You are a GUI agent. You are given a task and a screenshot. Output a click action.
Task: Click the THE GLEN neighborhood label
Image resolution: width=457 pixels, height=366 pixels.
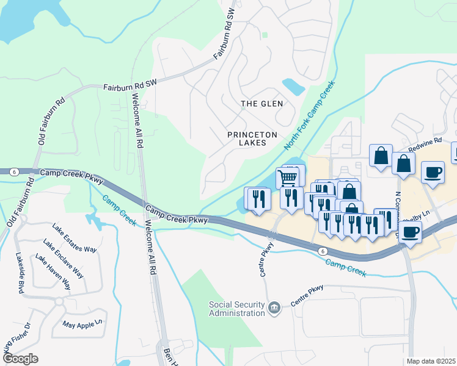pyautogui.click(x=261, y=104)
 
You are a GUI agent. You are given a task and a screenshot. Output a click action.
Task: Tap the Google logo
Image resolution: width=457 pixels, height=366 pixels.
pyautogui.click(x=20, y=358)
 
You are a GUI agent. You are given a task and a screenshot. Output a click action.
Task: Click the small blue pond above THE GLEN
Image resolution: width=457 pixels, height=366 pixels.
pyautogui.click(x=293, y=86)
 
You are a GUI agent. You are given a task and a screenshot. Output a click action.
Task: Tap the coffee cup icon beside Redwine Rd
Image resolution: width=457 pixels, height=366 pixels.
pyautogui.click(x=433, y=172)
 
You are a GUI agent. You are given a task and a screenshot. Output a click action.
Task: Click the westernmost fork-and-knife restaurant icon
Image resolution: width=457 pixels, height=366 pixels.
pyautogui.click(x=257, y=198)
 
